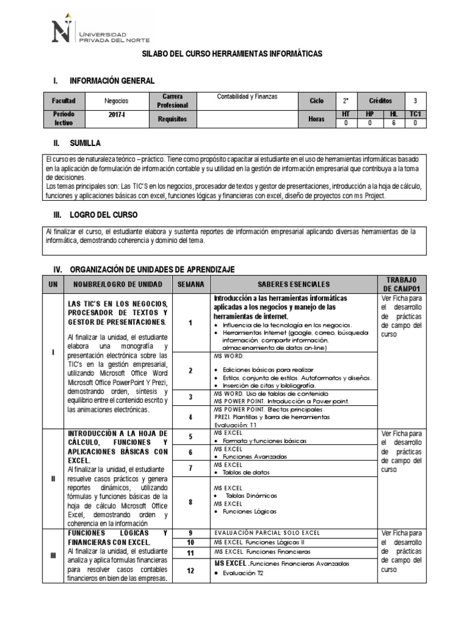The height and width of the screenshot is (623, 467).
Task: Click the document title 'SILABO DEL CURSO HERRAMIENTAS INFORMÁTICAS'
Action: tap(232, 55)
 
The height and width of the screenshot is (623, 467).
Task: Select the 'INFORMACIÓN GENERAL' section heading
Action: tap(112, 81)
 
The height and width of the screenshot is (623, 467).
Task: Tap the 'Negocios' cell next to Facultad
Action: tap(116, 100)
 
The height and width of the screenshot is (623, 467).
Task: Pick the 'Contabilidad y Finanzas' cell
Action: tap(246, 96)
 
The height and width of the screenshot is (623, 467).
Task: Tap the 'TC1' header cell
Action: tap(415, 114)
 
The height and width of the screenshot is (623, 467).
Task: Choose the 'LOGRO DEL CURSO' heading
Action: tap(104, 215)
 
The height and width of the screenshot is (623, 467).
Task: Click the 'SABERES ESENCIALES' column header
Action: tap(293, 284)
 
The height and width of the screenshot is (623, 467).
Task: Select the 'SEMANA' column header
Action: tap(190, 284)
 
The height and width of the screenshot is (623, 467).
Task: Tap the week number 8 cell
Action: tap(190, 502)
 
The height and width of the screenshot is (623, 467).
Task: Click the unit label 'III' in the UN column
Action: tap(53, 555)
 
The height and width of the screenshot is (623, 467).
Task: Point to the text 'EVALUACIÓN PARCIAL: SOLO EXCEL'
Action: tap(267, 533)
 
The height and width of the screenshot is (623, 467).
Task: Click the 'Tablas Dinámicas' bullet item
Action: tap(251, 496)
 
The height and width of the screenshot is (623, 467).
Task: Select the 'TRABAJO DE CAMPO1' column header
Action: tap(403, 284)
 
